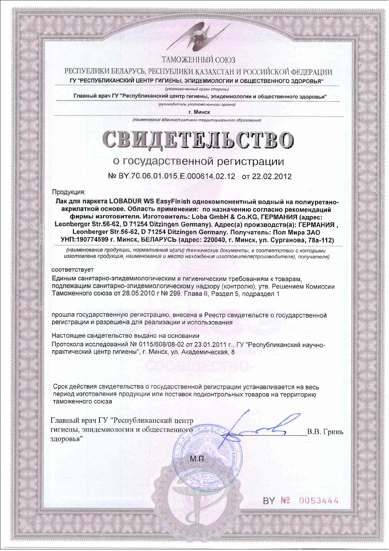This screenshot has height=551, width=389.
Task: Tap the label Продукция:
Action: point(69,193)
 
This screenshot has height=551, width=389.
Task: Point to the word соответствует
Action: point(73,270)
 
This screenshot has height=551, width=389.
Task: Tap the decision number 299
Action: point(175,294)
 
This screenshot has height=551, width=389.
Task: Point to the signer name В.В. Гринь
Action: point(325,432)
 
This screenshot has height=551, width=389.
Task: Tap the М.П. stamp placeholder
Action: point(198,459)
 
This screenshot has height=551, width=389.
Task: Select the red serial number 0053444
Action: point(319,510)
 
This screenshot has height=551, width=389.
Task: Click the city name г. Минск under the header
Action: point(199,112)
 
